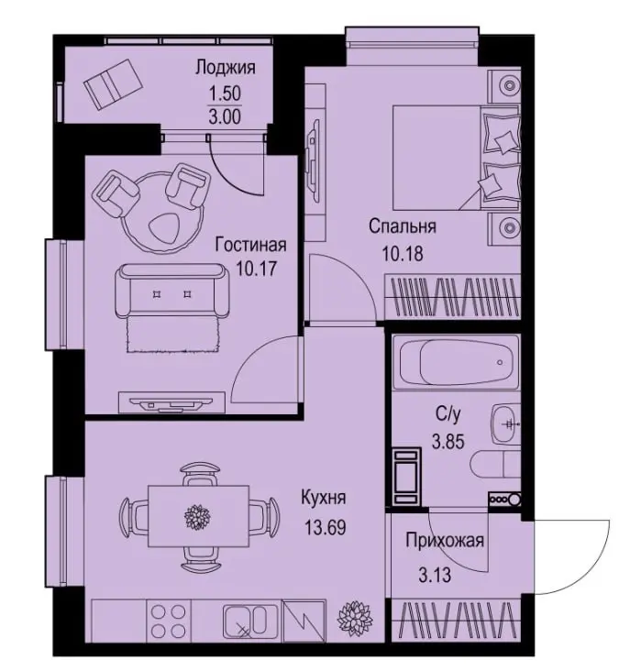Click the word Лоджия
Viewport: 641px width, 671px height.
pos(226,68)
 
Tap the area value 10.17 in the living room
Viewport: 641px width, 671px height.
pos(257,269)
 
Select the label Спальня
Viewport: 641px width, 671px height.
pos(403,226)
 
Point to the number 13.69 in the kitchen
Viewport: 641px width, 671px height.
pos(325,527)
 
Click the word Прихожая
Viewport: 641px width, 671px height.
pos(445,541)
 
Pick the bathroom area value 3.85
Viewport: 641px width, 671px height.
pos(448,441)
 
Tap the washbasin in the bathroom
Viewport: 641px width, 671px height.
pos(505,424)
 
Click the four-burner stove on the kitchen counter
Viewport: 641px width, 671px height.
pos(169,620)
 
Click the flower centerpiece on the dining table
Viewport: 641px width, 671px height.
pos(198,516)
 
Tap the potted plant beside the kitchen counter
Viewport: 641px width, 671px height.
pos(355,618)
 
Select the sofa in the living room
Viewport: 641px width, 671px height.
pos(172,291)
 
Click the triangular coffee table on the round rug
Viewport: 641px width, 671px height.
pos(165,227)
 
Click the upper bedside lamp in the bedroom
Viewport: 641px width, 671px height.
pos(509,85)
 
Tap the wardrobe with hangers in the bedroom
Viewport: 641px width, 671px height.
pos(453,297)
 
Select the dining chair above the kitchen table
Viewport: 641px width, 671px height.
pos(201,474)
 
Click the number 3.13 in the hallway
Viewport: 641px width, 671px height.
pos(435,575)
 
